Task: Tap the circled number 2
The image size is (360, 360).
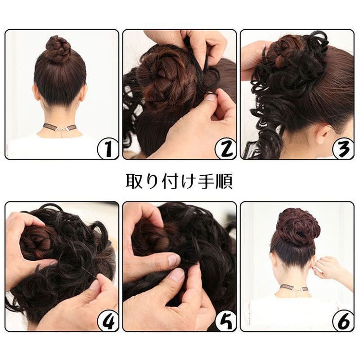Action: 226,149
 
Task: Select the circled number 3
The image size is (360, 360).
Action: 343,149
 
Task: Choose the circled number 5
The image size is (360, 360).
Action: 226,321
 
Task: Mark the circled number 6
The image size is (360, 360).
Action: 343,321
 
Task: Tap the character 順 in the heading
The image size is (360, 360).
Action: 224,181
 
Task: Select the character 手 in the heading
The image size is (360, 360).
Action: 207,181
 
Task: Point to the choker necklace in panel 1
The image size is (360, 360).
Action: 60,127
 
